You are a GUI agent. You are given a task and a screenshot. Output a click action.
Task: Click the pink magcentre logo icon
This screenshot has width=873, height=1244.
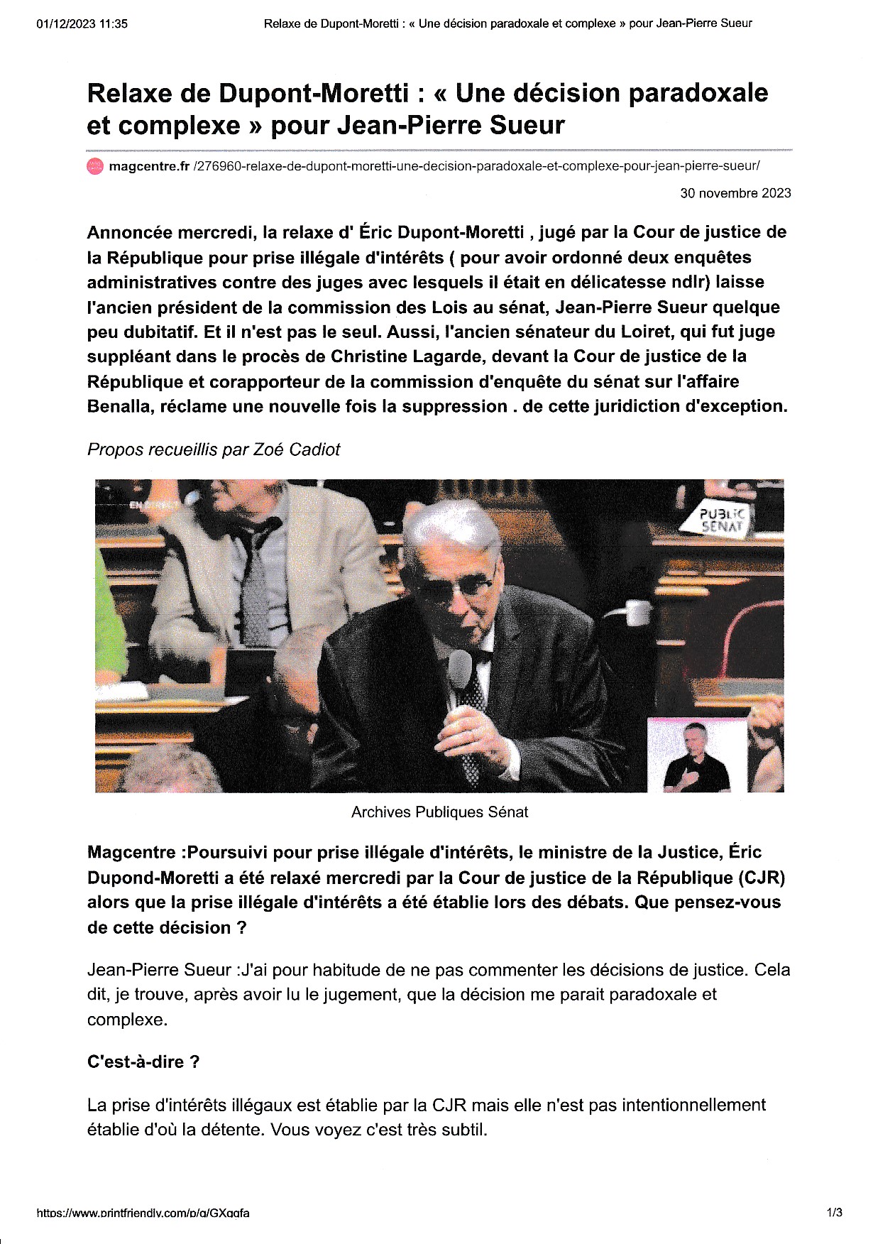(x=94, y=167)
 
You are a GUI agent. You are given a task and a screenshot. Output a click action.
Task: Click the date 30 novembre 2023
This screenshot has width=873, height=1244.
(x=735, y=193)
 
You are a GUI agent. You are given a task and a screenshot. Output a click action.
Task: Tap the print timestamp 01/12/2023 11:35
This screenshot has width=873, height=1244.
(x=82, y=23)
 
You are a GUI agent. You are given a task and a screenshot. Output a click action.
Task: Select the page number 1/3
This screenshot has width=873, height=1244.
(x=834, y=1213)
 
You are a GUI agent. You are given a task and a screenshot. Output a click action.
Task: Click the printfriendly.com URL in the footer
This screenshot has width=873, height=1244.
(x=143, y=1213)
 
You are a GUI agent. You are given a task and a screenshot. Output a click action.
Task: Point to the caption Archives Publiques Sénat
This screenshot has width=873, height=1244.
(x=439, y=812)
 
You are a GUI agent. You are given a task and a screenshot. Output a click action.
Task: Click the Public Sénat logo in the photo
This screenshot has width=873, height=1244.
(x=722, y=520)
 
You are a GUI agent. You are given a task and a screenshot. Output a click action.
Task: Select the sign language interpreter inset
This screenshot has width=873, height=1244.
(x=696, y=755)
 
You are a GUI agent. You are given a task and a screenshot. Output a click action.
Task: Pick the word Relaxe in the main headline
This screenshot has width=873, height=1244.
(x=129, y=93)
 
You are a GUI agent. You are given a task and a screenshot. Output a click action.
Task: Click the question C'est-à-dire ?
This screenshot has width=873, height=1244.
(x=143, y=1062)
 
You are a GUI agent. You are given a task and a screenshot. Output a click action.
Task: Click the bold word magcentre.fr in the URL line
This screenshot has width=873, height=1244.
(x=149, y=167)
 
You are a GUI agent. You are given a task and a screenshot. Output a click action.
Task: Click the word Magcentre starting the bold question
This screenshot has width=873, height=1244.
(x=131, y=853)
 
